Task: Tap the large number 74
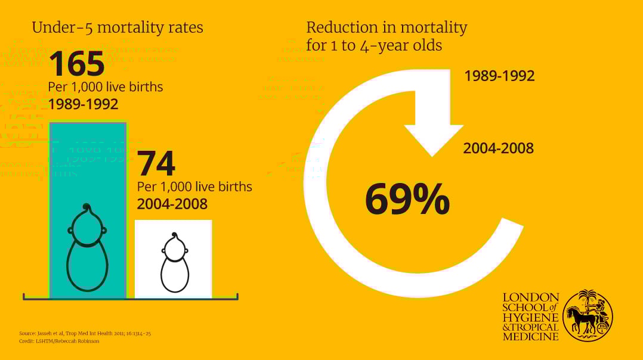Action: (x=156, y=164)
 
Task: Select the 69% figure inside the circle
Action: (x=407, y=200)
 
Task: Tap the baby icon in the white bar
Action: (x=175, y=263)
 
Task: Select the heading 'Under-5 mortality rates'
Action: (x=118, y=27)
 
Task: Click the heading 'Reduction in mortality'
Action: (x=387, y=27)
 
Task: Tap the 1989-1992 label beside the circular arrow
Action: (x=499, y=76)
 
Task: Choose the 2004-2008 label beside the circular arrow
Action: (x=499, y=148)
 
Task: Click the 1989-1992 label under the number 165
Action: (x=83, y=104)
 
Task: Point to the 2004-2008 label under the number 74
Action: (x=172, y=204)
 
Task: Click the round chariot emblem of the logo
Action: (x=588, y=316)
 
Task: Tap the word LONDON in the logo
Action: (x=531, y=297)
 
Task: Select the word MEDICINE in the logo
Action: (x=531, y=336)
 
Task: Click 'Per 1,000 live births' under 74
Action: (x=194, y=187)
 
